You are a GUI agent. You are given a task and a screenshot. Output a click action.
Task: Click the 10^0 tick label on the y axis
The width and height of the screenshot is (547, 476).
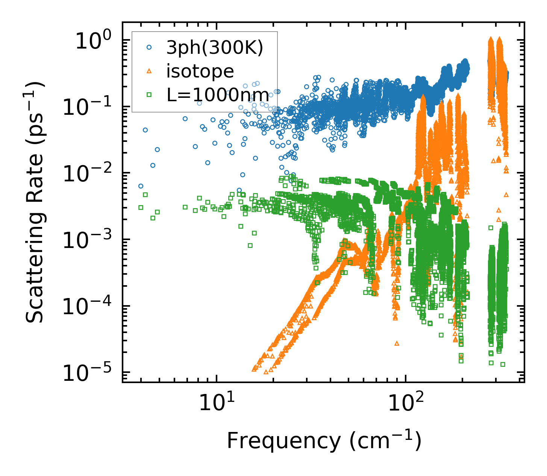[94, 41]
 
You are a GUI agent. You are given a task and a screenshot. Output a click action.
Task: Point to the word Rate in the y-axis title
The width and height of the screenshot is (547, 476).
[35, 198]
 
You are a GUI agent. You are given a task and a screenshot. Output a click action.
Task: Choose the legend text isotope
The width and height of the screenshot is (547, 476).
[200, 71]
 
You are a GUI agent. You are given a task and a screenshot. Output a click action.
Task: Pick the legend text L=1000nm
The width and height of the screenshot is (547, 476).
[218, 94]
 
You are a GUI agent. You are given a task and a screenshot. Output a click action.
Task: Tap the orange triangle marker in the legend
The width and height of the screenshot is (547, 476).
[149, 71]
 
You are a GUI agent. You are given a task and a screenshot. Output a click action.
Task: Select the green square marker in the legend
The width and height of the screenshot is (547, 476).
[149, 94]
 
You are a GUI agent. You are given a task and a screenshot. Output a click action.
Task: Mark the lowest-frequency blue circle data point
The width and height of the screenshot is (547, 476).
[141, 186]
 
